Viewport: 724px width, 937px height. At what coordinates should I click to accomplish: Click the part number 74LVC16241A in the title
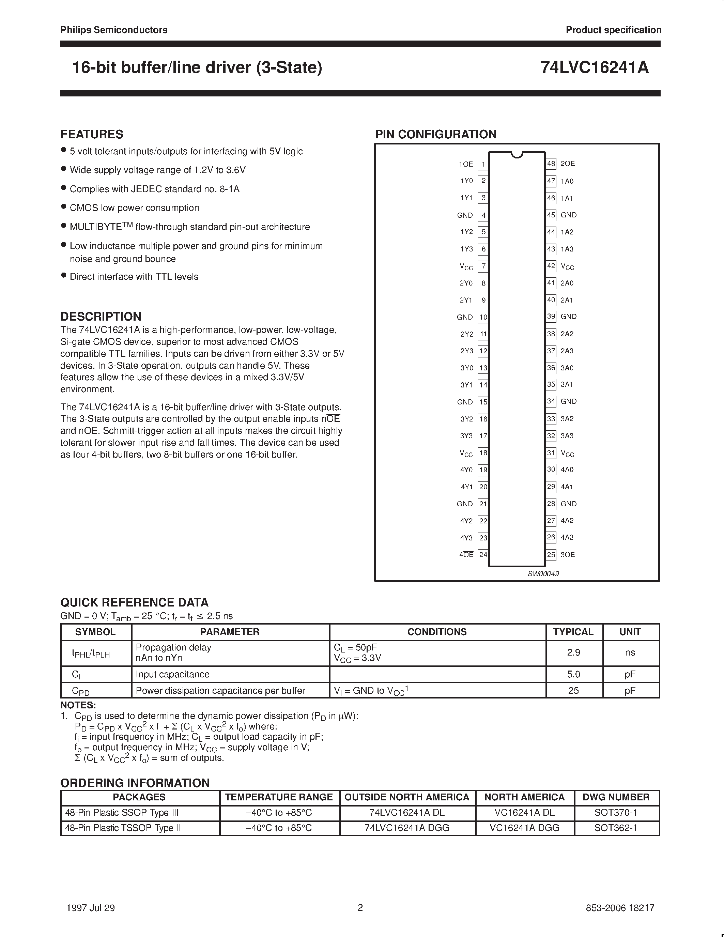594,68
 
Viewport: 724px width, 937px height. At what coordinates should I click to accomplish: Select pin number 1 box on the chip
483,164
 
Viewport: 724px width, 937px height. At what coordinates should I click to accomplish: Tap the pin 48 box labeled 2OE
551,164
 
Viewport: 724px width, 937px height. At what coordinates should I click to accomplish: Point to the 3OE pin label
568,555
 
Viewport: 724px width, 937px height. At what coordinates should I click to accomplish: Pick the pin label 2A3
567,351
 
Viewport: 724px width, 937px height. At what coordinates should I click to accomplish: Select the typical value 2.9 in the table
573,652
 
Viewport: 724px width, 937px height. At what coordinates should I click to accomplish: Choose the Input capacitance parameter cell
172,674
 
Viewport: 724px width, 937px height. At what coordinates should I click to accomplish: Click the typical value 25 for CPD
573,691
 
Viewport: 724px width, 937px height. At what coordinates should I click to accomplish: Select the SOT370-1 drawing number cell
616,813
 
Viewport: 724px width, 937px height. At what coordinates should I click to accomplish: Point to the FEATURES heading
92,134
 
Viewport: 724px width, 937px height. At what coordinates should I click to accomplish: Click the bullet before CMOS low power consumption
63,207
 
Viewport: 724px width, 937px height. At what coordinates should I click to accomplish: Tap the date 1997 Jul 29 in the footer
91,908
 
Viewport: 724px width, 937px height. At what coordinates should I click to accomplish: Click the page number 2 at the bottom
360,907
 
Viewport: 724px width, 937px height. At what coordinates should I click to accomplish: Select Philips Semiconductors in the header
114,30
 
